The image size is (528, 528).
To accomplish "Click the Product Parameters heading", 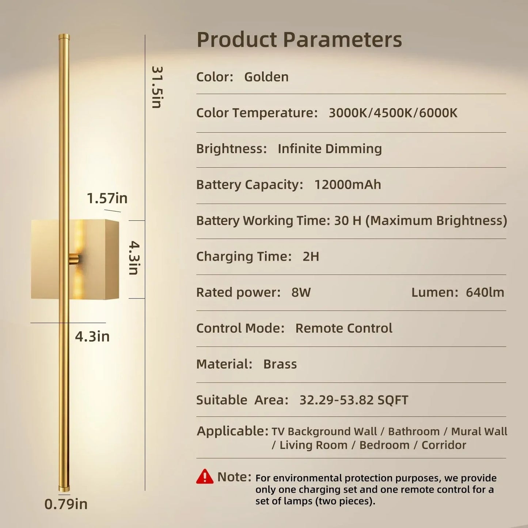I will coord(299,39).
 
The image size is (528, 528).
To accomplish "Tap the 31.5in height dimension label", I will coord(157,87).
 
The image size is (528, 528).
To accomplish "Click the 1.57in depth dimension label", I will coord(107,198).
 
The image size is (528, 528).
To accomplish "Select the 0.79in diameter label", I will coord(66,504).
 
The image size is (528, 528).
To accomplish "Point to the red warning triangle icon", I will coord(205,477).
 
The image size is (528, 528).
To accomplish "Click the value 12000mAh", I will coord(347,185).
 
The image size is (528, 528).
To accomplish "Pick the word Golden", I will coord(266,77).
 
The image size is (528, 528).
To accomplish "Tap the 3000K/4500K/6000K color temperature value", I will coord(393,113).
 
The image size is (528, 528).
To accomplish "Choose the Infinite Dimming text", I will coord(330,149).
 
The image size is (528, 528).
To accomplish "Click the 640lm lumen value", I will coord(485,292).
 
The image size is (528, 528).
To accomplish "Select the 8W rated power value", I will coord(301,292).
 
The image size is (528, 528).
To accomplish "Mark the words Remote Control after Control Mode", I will coord(343,328).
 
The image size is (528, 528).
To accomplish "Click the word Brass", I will coord(280,364).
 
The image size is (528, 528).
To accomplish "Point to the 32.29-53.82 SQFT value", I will coord(353,400).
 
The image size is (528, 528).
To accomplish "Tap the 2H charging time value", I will coord(311,257).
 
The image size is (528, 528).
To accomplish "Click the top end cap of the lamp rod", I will coord(64,37).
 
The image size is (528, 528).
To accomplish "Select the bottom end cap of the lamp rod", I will coord(64,488).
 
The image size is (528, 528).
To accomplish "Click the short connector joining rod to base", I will coord(74,259).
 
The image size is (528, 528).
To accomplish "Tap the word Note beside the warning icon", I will coord(234,477).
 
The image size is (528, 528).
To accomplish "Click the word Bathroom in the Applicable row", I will coord(414,432).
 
